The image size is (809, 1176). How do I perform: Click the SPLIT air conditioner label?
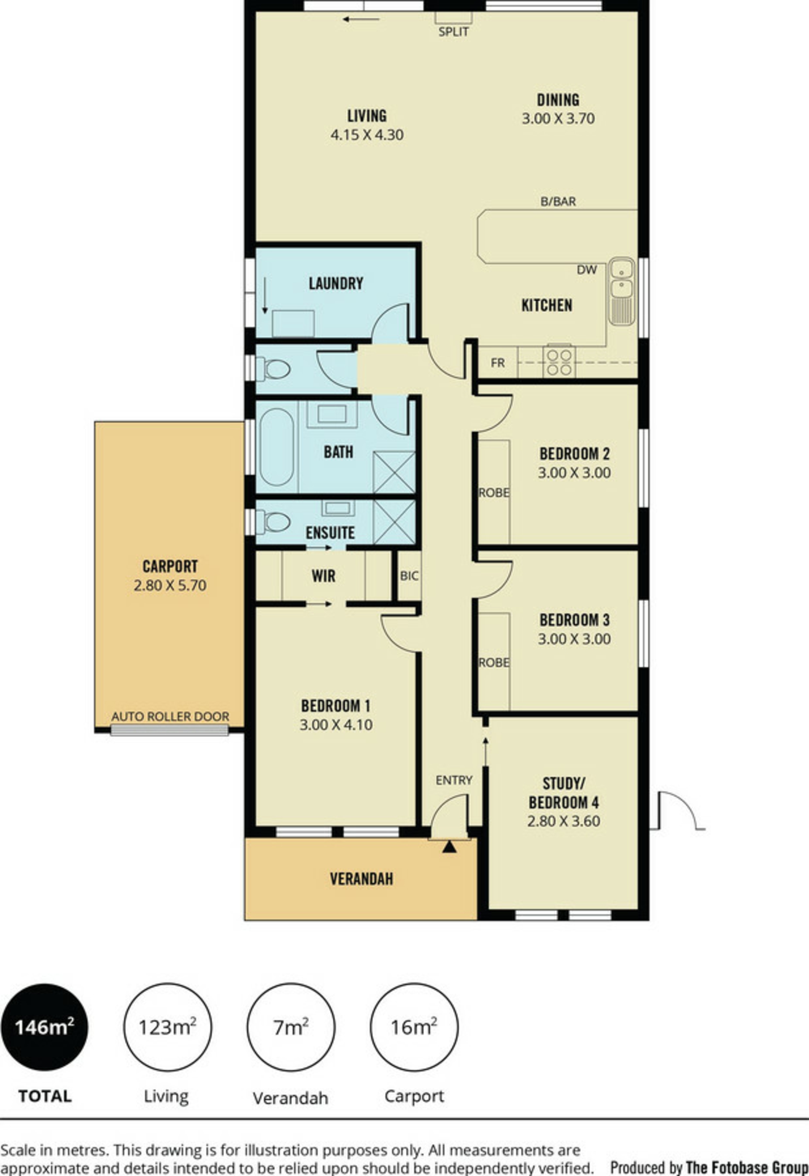coord(453,32)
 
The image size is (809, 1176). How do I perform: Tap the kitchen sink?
coord(621,292)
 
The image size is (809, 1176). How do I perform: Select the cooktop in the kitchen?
coord(559,362)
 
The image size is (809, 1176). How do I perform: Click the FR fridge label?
coord(498,363)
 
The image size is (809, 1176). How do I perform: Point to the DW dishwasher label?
coord(587,270)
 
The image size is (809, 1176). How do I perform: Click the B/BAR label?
coord(558,202)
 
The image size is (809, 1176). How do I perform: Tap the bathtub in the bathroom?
coord(277,447)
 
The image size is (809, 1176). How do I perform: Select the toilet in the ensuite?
coord(273,522)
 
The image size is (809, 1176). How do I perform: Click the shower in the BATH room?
coord(394,472)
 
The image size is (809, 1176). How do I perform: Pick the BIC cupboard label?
coord(409,576)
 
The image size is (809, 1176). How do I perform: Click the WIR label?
coord(324,576)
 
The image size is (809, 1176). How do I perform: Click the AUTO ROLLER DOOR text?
coord(170,716)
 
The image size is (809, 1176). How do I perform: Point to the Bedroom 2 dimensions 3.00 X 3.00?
coord(574,473)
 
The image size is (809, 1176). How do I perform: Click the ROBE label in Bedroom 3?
coord(494,662)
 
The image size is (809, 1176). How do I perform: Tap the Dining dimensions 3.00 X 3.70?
coord(558,119)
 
